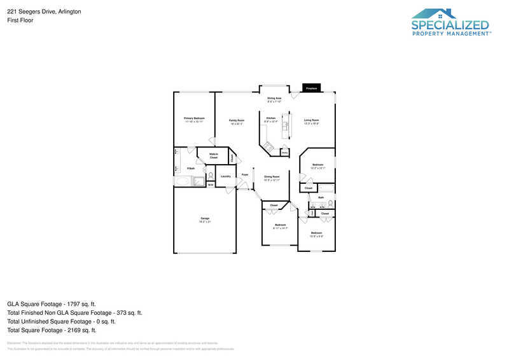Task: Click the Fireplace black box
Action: (x=310, y=88)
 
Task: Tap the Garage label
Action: (x=205, y=218)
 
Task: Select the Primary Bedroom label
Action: (x=194, y=118)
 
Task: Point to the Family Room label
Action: (x=237, y=120)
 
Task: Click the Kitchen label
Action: (x=271, y=118)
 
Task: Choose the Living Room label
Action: (x=310, y=120)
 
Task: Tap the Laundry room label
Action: (x=225, y=176)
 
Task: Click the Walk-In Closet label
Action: (x=214, y=155)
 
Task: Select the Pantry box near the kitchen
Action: (x=284, y=153)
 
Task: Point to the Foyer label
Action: (x=244, y=174)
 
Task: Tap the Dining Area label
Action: (x=274, y=98)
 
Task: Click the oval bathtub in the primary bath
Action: (x=183, y=182)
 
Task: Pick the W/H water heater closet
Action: (x=210, y=185)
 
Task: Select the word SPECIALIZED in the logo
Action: (x=450, y=25)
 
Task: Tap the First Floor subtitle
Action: (x=21, y=20)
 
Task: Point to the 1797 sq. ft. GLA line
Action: (x=52, y=304)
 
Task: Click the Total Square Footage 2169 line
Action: (x=52, y=330)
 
